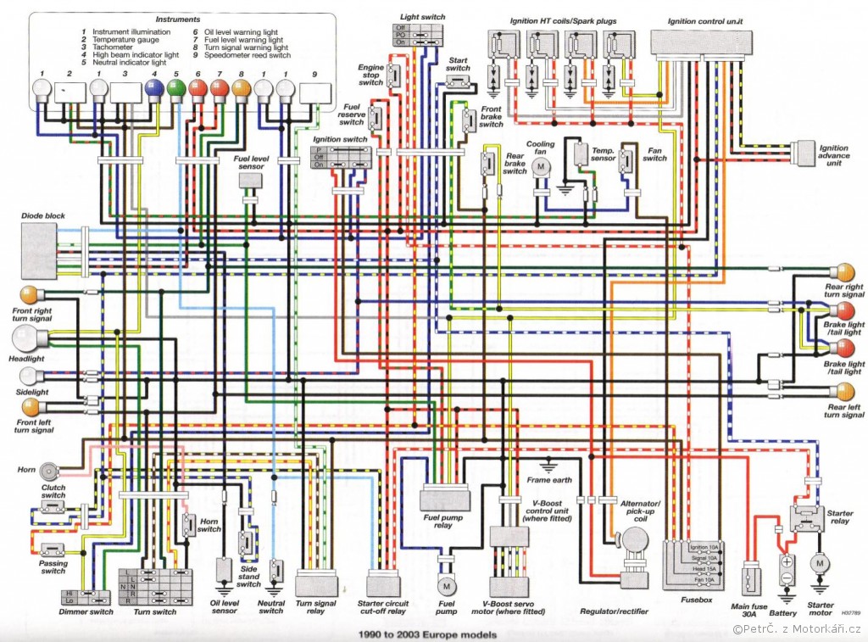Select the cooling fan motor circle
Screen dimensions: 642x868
point(541,168)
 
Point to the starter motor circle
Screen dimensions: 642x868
point(820,562)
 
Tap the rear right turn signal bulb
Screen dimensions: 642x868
point(846,273)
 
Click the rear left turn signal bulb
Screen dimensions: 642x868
point(846,392)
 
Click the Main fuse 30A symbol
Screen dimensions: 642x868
point(750,582)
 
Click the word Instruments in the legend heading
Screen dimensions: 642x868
point(179,18)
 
